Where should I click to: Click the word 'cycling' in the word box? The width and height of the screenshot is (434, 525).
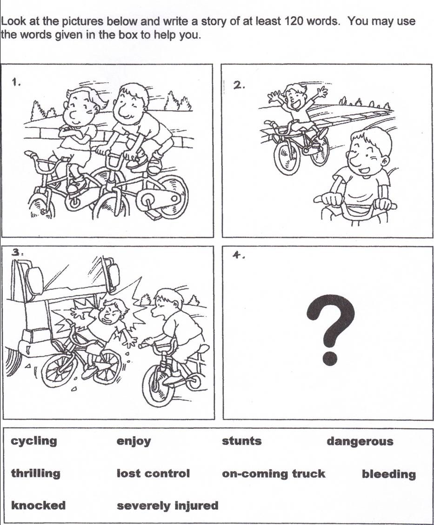(x=34, y=441)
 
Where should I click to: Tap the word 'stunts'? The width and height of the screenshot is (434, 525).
(x=242, y=441)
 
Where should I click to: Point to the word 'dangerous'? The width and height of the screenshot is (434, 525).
(x=360, y=442)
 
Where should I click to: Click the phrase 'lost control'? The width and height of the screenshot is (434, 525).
(x=153, y=473)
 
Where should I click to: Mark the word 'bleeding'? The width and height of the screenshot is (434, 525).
(x=389, y=474)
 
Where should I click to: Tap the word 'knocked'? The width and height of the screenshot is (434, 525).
(x=38, y=505)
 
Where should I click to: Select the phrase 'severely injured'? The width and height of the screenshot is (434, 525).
(x=167, y=505)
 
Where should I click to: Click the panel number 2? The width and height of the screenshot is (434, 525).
(x=239, y=86)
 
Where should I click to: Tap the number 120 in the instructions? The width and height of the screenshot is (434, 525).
(x=294, y=21)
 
